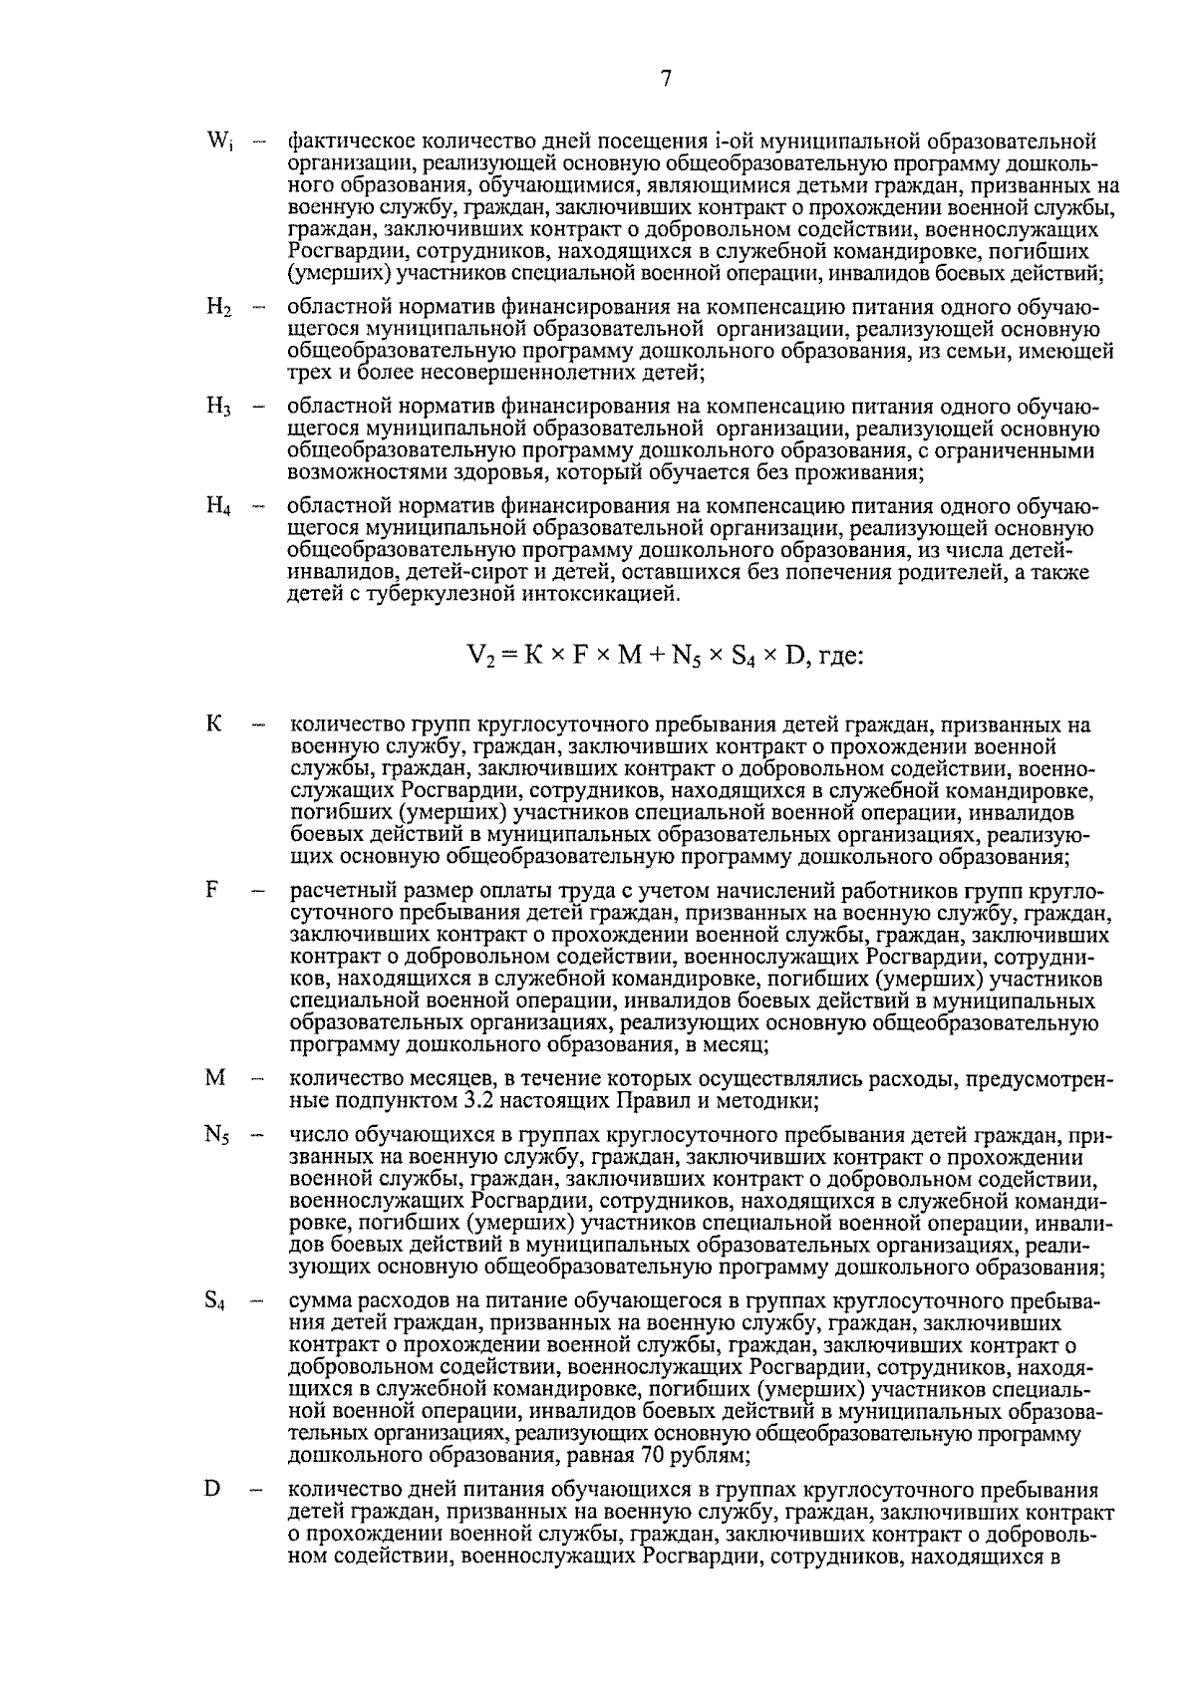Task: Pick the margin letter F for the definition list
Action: [x=212, y=890]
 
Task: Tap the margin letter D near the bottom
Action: [x=212, y=1489]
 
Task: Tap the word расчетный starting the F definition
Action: [x=334, y=890]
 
